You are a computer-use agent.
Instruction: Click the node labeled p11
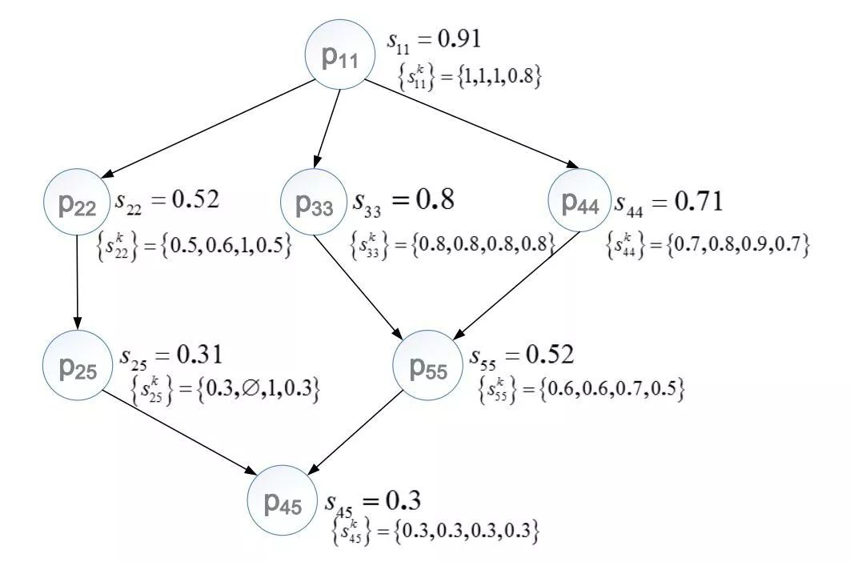(340, 55)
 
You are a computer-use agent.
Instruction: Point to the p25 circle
(78, 365)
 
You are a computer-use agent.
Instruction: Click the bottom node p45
(283, 503)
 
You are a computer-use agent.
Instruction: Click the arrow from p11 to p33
(327, 124)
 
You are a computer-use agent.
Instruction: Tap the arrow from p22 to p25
(78, 284)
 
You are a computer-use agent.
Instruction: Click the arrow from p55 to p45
(356, 436)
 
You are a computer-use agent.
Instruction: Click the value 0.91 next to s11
(455, 38)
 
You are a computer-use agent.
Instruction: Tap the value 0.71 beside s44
(699, 202)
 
